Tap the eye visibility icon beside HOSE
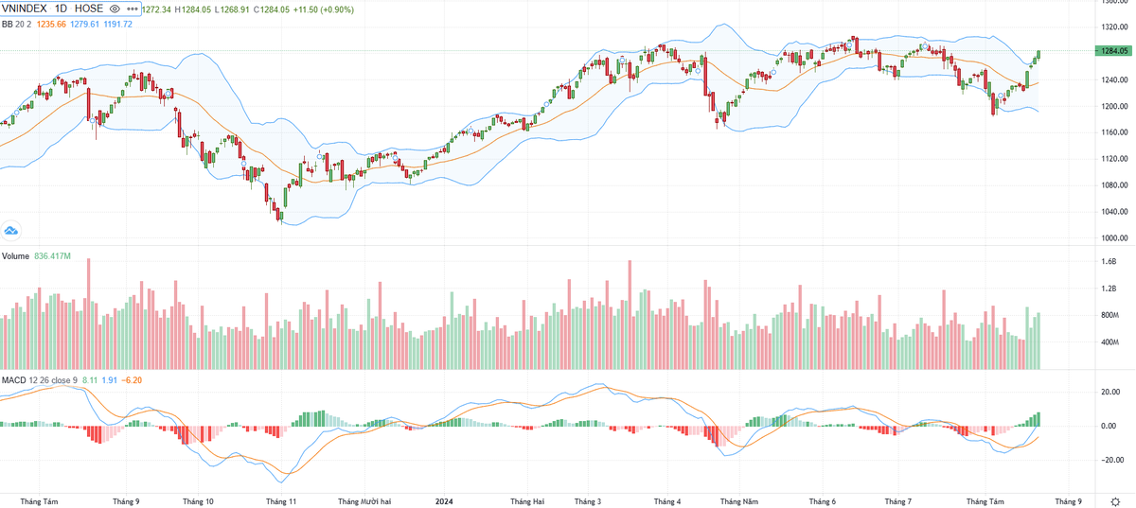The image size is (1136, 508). point(115,9)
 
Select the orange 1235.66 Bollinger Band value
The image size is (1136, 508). point(50,24)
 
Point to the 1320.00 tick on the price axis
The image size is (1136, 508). point(1109,26)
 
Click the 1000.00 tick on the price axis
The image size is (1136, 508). point(1109,238)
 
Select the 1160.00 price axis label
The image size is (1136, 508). point(1109,132)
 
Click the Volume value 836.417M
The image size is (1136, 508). point(60,256)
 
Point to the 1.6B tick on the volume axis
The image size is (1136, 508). point(1108,261)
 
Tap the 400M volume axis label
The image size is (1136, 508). point(1109,342)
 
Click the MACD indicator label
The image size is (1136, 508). point(13,380)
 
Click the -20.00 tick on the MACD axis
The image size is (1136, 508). point(1108,461)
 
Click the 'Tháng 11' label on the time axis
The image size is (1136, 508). point(281,501)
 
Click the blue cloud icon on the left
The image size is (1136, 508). point(11,230)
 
